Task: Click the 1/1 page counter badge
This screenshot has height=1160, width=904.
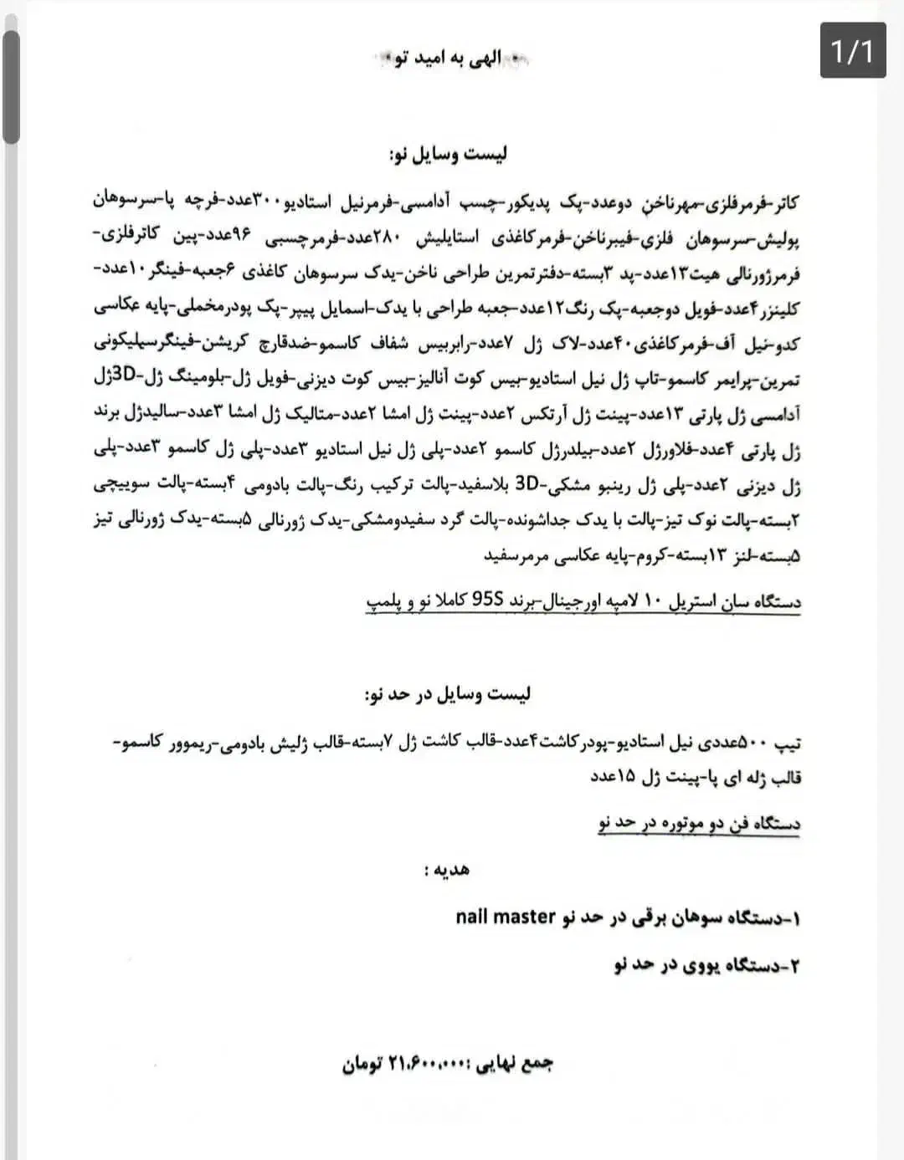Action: (x=852, y=51)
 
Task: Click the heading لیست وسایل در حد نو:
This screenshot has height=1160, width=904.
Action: (x=448, y=695)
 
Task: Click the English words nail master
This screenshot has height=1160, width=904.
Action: (x=506, y=917)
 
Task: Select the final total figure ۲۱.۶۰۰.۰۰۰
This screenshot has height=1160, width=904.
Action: (x=426, y=1064)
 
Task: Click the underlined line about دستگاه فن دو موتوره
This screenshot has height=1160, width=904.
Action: (x=699, y=823)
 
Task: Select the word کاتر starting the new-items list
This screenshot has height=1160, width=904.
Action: (x=783, y=202)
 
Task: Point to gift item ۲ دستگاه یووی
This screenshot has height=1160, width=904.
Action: (x=706, y=965)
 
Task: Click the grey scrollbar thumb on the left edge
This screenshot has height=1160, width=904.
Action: (x=11, y=88)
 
